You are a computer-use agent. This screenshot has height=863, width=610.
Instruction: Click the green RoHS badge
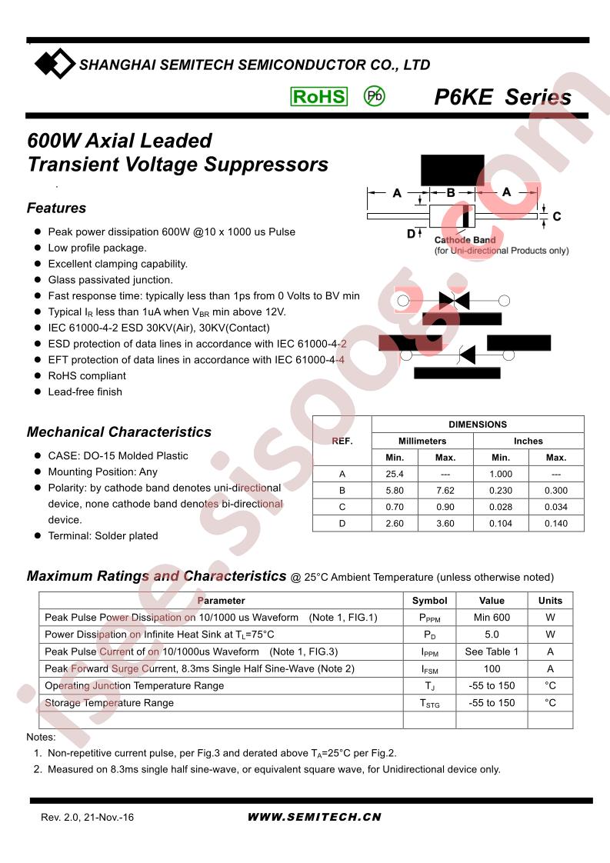click(318, 96)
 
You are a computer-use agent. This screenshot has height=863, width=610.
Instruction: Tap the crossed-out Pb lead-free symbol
click(374, 96)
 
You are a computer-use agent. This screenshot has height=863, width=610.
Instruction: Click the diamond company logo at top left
click(55, 64)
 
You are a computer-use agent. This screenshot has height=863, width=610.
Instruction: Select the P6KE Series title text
click(502, 98)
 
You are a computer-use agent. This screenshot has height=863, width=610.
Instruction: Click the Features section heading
click(56, 208)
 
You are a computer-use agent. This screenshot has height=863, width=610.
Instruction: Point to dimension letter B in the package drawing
click(451, 192)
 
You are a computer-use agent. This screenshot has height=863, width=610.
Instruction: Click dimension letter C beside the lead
click(557, 217)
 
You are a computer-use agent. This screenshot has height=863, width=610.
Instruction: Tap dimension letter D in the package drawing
click(411, 233)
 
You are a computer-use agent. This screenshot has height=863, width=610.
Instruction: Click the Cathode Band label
click(465, 241)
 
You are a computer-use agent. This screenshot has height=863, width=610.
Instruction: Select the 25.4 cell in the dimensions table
click(396, 475)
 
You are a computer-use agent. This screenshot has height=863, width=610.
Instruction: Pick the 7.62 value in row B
click(445, 491)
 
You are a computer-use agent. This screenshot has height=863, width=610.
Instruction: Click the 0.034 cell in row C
click(556, 508)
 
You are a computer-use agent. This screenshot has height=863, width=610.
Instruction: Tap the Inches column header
click(528, 441)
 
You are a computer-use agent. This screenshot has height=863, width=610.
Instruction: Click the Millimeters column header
click(422, 441)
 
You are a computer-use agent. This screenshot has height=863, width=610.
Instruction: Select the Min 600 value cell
click(492, 618)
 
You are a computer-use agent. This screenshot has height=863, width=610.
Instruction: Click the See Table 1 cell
click(492, 651)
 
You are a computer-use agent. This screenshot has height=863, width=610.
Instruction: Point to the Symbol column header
click(429, 601)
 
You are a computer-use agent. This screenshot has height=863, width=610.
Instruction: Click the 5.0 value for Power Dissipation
click(492, 635)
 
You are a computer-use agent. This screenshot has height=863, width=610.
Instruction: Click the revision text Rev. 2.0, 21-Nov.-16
click(87, 818)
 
